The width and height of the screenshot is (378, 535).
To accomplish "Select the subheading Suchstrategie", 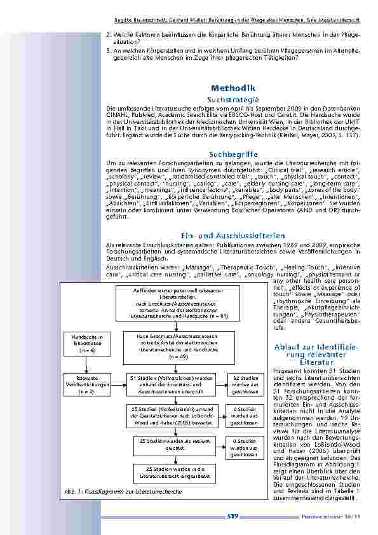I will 233,100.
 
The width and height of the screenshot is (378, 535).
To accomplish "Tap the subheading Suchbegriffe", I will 233,154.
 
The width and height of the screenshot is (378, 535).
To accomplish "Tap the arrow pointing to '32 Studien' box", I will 218,384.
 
